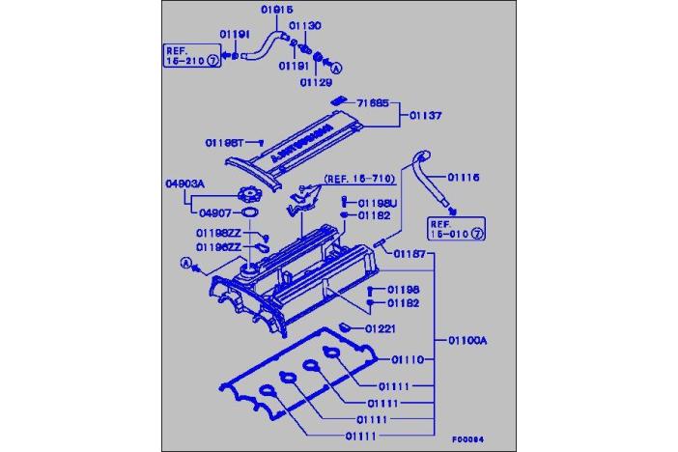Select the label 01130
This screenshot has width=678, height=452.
[x=306, y=25]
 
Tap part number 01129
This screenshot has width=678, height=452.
[x=314, y=82]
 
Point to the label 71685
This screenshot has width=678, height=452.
[x=373, y=102]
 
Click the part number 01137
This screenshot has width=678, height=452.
[x=425, y=116]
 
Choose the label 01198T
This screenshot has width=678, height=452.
[x=226, y=142]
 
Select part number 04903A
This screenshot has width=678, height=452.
[x=182, y=181]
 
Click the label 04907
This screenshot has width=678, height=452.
[x=213, y=212]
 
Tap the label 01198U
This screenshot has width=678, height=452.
[x=378, y=204]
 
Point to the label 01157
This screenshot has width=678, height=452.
[x=409, y=253]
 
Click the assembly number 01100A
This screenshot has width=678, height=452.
[x=467, y=340]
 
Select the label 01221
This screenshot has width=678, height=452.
[x=381, y=328]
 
